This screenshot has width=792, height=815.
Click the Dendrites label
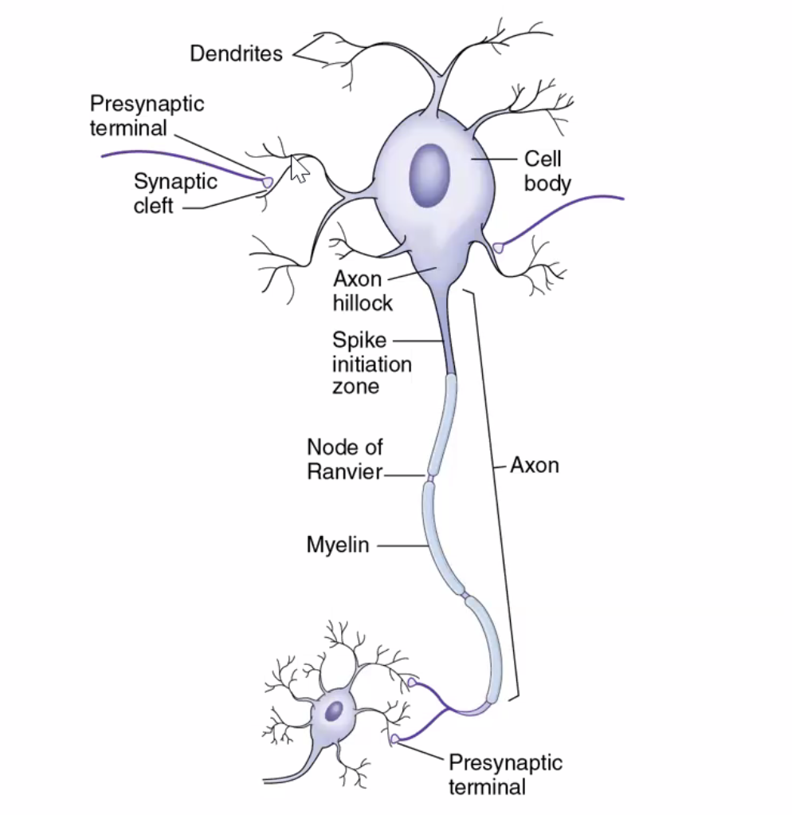coord(236,54)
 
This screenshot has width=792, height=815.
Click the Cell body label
coord(547,171)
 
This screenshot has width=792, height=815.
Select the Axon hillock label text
coord(363,292)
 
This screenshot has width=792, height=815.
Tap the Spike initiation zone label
coord(371,364)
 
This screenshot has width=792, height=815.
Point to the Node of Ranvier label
coord(345,459)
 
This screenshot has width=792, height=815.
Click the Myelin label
coord(338,545)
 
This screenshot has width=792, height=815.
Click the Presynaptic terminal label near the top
coord(147,116)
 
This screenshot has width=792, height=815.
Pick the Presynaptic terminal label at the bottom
coord(505,774)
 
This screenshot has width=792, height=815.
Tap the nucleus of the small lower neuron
coord(335,708)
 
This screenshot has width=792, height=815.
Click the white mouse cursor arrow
coord(298,169)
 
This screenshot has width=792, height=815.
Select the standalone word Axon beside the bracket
coord(535,465)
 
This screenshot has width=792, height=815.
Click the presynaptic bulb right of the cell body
coord(499,248)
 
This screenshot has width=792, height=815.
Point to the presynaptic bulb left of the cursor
coord(268,183)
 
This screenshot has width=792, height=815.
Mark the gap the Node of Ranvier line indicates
coord(431,478)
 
